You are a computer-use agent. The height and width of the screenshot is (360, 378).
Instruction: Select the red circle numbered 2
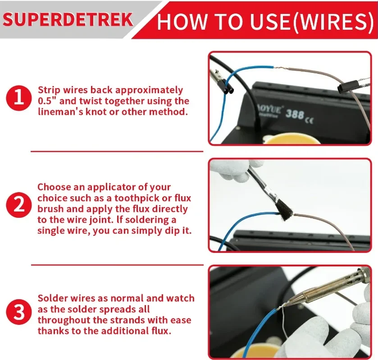[x=18, y=206]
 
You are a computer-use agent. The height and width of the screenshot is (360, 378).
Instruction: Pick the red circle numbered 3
[x=18, y=312]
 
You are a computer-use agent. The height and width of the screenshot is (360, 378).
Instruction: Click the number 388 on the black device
[x=295, y=113]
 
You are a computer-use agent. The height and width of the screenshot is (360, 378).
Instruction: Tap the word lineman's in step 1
[x=61, y=112]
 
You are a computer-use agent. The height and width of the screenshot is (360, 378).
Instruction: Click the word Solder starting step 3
[x=51, y=298]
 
